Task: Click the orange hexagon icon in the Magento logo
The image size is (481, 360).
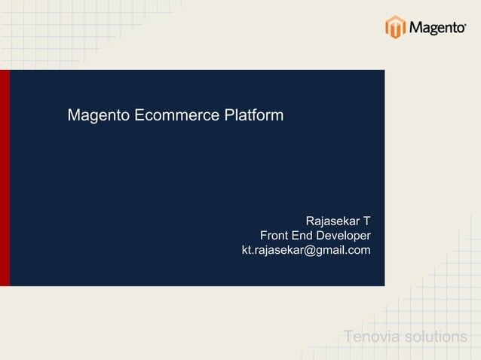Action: [x=396, y=27]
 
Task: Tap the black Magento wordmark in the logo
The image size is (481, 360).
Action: [x=435, y=29]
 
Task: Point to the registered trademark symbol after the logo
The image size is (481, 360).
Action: [x=464, y=23]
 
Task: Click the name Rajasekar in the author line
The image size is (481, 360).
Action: [x=332, y=221]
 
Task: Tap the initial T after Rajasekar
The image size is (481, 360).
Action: [x=366, y=221]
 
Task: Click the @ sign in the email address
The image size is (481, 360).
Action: [x=308, y=250]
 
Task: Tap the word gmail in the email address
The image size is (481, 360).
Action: [x=329, y=250]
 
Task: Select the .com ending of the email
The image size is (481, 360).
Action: [x=358, y=250]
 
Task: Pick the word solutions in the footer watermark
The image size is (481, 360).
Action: [x=435, y=336]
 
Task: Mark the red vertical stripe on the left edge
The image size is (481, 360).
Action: [x=5, y=178]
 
